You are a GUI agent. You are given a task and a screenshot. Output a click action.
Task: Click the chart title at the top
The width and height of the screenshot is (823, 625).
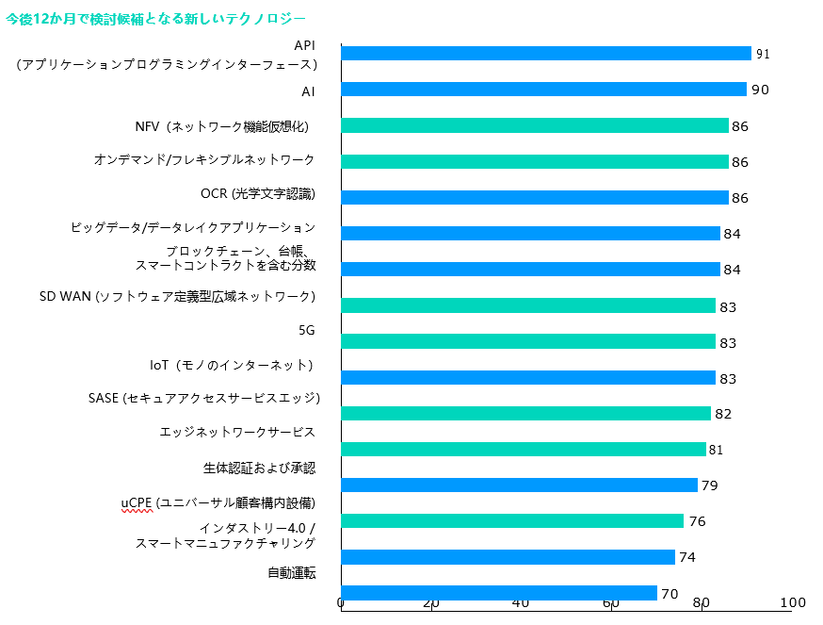click(155, 18)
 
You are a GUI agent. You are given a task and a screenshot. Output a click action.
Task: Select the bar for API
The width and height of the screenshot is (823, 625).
click(545, 54)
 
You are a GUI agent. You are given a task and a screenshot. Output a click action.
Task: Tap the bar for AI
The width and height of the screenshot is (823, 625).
click(543, 90)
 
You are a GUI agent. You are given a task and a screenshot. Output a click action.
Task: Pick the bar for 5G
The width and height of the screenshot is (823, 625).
click(527, 341)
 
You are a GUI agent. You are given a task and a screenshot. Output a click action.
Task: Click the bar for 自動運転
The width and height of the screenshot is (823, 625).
click(498, 593)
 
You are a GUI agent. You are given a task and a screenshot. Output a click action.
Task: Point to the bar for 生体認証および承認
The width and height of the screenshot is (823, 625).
click(519, 485)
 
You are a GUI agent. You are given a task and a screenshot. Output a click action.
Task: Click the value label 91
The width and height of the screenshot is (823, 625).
click(763, 55)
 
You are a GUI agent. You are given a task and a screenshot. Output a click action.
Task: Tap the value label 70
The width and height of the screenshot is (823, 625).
click(670, 594)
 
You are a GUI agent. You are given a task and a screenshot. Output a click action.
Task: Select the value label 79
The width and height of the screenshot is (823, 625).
click(710, 485)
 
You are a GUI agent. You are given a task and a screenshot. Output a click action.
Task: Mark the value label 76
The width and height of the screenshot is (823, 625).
click(697, 521)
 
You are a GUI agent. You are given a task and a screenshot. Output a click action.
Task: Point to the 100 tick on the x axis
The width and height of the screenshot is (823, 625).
click(793, 603)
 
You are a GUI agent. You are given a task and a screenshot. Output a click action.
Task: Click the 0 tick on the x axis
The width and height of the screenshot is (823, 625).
click(341, 603)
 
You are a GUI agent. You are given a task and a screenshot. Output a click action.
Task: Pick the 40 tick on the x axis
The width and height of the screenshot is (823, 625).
click(521, 603)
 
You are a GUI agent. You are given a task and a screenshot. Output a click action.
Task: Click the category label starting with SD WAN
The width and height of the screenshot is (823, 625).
click(177, 296)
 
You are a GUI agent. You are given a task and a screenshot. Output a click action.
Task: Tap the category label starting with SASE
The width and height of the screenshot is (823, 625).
click(204, 398)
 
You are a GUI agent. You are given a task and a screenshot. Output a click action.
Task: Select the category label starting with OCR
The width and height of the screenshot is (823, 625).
click(257, 194)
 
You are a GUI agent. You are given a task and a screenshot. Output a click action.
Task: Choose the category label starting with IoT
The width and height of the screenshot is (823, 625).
click(231, 364)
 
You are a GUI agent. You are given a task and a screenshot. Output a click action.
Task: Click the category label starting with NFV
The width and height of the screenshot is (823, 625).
click(222, 126)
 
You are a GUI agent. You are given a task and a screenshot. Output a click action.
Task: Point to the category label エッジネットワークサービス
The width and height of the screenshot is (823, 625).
click(236, 432)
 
